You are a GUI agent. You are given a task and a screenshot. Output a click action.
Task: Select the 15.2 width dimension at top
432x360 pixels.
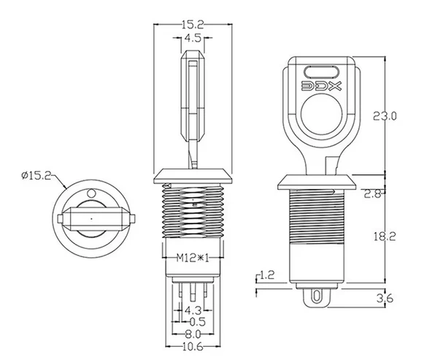coord(193,24)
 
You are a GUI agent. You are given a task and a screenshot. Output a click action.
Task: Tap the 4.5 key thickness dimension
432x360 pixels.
coord(193,38)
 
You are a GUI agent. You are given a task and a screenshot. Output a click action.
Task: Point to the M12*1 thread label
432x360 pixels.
coord(193,257)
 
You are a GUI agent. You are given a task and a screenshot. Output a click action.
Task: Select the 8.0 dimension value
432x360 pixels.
coord(193,334)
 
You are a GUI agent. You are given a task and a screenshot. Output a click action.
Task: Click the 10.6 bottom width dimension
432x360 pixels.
coord(193,347)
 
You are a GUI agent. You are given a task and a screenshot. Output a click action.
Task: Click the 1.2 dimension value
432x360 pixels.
coord(266,275)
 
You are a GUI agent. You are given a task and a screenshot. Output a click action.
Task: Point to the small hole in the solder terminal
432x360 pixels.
coord(316,296)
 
